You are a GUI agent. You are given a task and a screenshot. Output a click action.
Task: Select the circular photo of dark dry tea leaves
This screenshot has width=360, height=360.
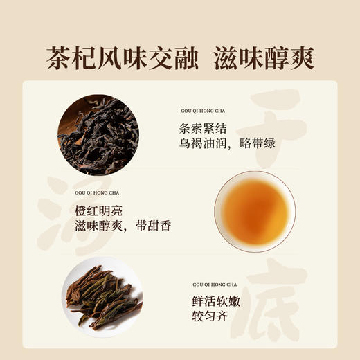pyautogui.click(x=98, y=127)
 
